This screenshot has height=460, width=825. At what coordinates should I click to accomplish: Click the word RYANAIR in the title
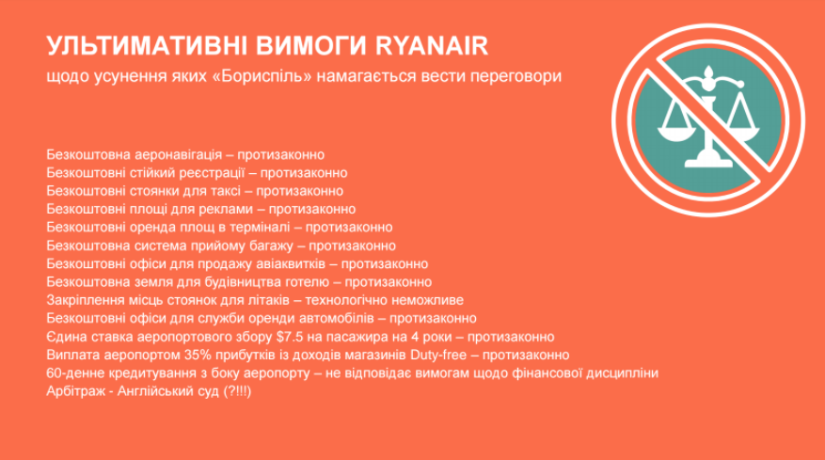[x=432, y=46]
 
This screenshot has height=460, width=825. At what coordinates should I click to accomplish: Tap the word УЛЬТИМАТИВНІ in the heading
[x=147, y=46]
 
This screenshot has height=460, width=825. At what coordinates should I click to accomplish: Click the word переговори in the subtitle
[x=516, y=77]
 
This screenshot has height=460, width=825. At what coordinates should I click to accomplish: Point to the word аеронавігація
[x=179, y=155]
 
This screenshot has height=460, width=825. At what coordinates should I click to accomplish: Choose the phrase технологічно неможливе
[x=385, y=300]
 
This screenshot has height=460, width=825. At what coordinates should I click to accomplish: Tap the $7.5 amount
[x=290, y=337]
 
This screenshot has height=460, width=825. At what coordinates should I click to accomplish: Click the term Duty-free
[x=438, y=355]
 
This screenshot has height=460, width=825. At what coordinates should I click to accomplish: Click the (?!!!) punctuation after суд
[x=237, y=391]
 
